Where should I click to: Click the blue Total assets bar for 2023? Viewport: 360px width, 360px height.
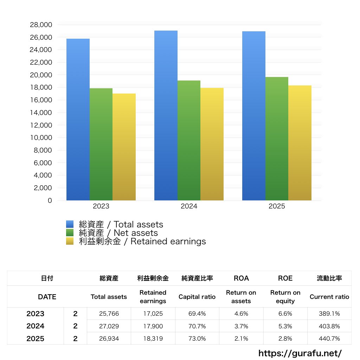[x=78, y=120]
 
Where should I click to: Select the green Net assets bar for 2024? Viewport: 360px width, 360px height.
[x=189, y=141]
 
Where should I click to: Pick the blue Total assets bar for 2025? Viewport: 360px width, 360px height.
[x=254, y=116]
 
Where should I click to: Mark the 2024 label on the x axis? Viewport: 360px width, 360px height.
[x=189, y=206]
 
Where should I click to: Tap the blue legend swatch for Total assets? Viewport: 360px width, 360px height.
[x=70, y=224]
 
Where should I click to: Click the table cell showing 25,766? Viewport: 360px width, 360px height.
[x=109, y=314]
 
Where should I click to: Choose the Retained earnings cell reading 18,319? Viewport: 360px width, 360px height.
[x=153, y=339]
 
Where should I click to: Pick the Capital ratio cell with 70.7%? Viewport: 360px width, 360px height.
[x=197, y=326]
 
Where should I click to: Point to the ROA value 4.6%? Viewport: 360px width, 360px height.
[x=241, y=314]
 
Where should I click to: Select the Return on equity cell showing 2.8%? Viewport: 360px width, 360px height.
[x=285, y=339]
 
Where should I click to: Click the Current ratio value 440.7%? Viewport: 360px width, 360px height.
[x=329, y=339]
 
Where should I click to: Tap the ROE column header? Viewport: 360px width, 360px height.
[x=285, y=278]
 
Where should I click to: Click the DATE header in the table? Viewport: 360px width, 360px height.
[x=47, y=297]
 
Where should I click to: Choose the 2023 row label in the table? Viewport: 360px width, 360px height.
[x=36, y=314]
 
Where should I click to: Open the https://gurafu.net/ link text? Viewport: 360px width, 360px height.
[x=300, y=353]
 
